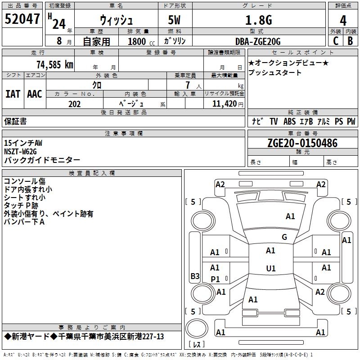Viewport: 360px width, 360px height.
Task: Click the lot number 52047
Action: click(22, 19)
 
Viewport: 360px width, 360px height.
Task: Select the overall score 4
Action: click(343, 21)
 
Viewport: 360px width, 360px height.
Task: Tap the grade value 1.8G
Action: click(259, 20)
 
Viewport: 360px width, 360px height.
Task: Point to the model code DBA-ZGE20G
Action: click(258, 41)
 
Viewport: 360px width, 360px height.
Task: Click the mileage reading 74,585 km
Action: click(55, 64)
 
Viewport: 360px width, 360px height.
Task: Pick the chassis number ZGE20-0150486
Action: click(302, 143)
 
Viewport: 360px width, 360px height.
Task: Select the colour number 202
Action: click(74, 104)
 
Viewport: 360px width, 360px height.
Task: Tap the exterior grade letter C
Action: click(336, 41)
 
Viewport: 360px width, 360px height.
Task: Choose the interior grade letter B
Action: click(350, 41)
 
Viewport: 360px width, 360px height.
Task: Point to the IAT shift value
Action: click(13, 94)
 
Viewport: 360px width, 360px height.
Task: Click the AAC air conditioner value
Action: click(35, 94)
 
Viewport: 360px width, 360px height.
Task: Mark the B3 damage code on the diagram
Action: click(195, 276)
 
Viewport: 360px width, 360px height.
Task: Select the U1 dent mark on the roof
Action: click(271, 268)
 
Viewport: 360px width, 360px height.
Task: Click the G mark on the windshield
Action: click(284, 237)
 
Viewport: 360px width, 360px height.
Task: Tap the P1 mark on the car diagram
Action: click(215, 279)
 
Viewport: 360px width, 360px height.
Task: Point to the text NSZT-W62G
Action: click(20, 152)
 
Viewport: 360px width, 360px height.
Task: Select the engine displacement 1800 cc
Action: click(141, 41)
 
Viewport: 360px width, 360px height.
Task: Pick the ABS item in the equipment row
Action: click(289, 121)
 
